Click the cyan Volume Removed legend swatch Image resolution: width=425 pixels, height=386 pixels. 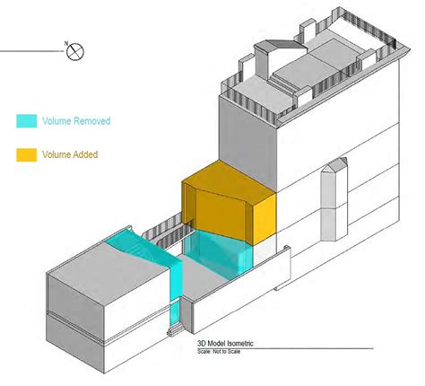26,119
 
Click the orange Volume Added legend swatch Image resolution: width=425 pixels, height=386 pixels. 26,154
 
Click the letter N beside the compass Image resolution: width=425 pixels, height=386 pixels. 65,43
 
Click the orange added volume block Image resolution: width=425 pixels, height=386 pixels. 229,202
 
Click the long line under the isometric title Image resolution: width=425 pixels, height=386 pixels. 296,348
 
